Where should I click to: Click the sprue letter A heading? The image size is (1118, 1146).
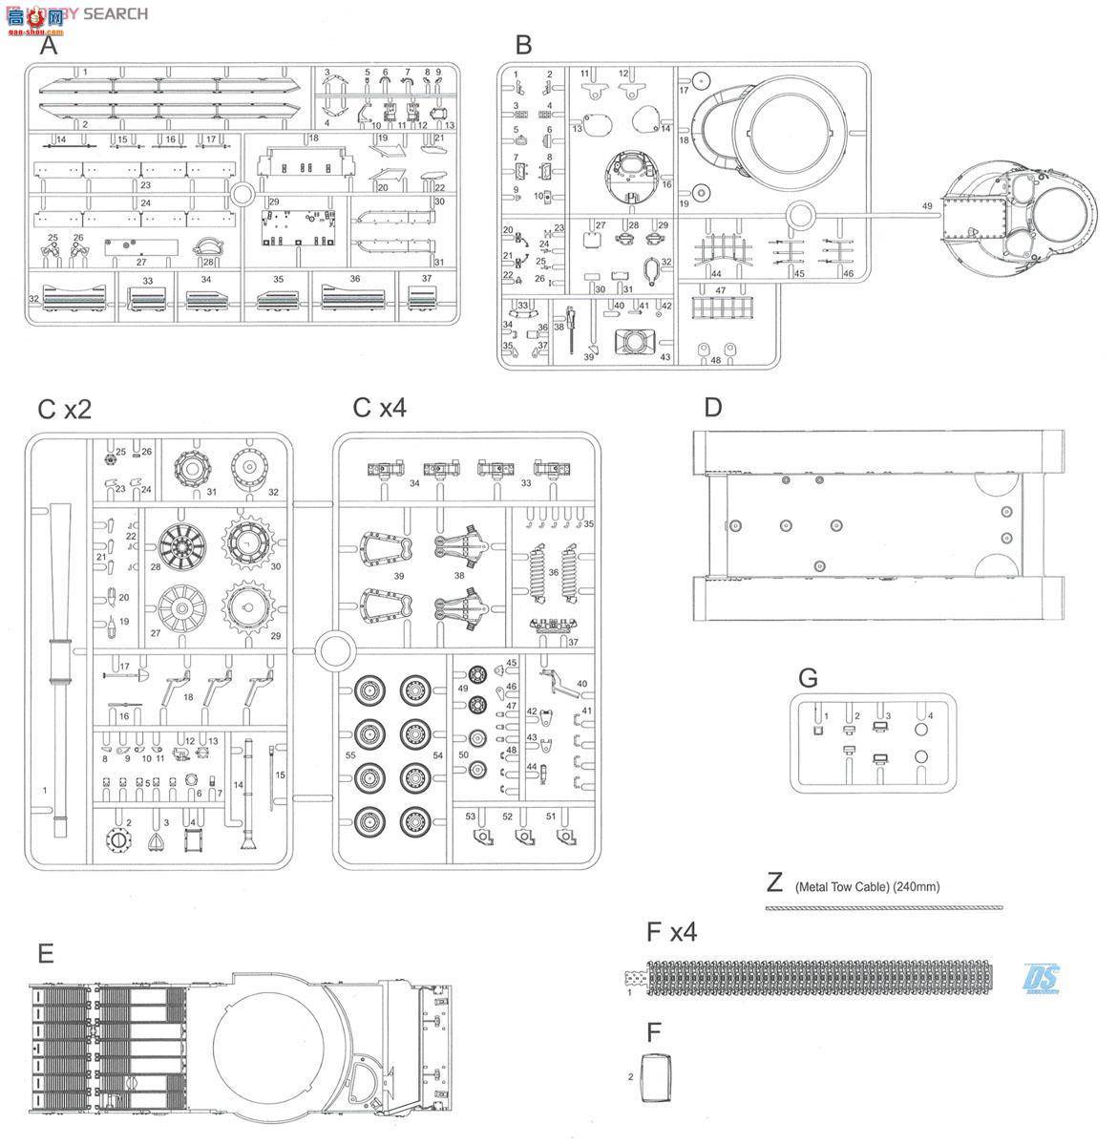(x=49, y=46)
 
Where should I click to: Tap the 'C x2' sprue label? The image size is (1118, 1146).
(x=64, y=409)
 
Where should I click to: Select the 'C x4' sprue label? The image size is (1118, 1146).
(x=379, y=408)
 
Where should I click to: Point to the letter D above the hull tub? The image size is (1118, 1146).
(x=712, y=408)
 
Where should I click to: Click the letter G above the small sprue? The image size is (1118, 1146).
(x=808, y=678)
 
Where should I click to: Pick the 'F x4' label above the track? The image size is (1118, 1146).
(x=671, y=932)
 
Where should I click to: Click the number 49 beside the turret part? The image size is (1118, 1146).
(x=926, y=205)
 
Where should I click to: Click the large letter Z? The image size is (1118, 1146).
(x=775, y=882)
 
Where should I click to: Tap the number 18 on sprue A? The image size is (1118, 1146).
(x=312, y=139)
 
